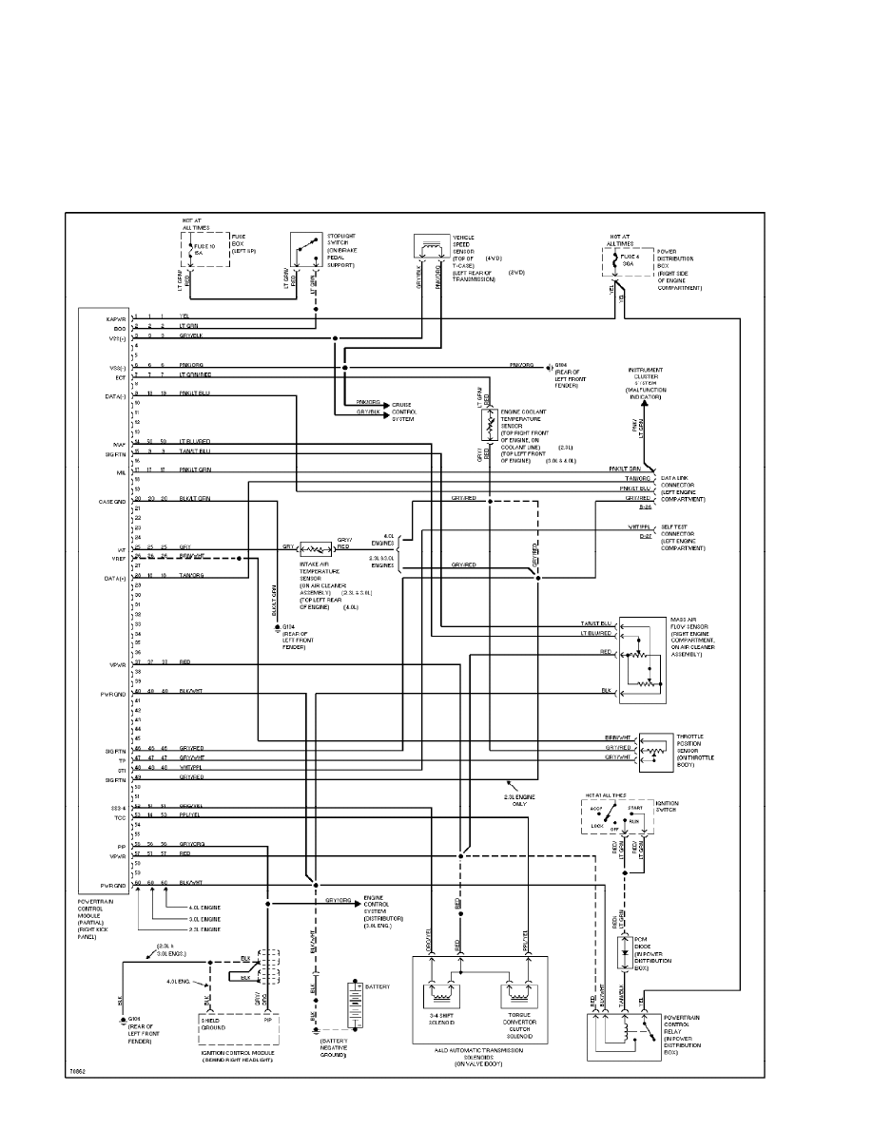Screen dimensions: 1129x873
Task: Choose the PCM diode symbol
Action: [x=625, y=950]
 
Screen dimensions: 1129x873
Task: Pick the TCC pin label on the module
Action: [x=121, y=816]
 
